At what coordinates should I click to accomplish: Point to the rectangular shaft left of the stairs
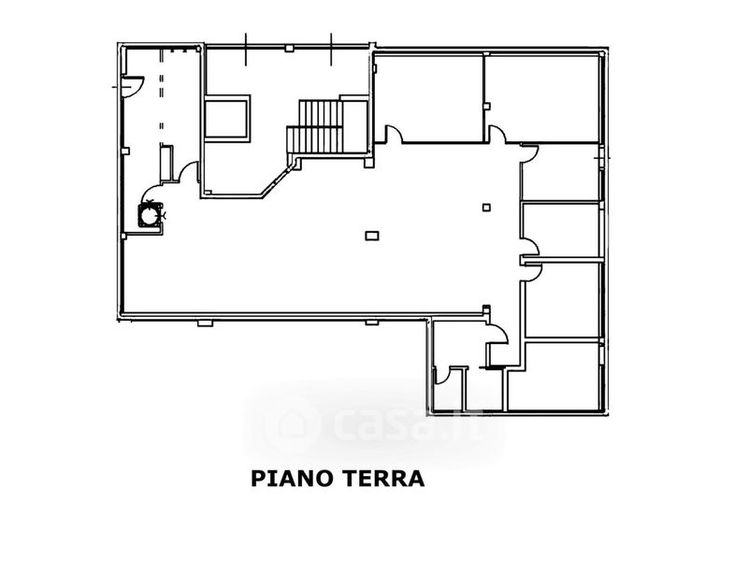227,117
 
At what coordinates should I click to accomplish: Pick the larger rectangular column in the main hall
372,236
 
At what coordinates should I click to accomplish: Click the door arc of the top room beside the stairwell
395,136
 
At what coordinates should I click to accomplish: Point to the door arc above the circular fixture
189,172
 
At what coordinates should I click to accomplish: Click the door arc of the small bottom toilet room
449,374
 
